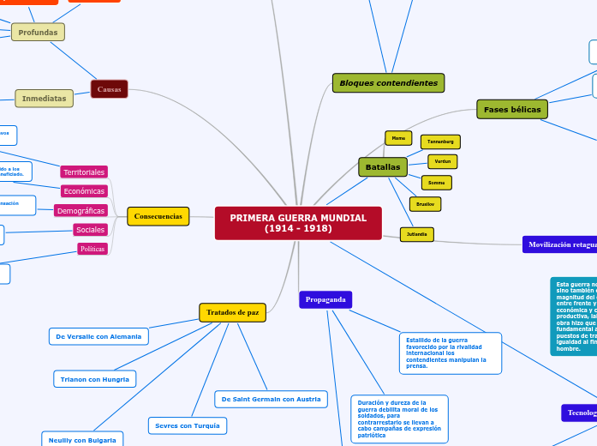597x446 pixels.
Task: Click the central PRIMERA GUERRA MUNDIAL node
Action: point(298,223)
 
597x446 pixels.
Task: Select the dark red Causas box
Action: point(109,89)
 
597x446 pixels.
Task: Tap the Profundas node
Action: point(38,33)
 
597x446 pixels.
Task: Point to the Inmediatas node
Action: point(44,99)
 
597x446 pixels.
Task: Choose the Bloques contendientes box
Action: point(388,83)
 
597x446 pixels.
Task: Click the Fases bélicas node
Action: point(512,110)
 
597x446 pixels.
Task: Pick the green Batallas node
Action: point(382,166)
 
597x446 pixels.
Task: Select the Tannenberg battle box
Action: point(440,142)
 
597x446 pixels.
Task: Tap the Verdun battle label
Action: point(442,161)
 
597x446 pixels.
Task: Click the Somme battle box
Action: point(436,183)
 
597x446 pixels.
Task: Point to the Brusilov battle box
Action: point(425,204)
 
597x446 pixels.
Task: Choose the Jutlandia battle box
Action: point(417,234)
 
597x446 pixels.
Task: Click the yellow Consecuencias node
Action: point(158,216)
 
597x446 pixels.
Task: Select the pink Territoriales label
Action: point(84,172)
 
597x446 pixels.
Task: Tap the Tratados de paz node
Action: point(232,313)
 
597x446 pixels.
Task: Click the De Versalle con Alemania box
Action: point(99,336)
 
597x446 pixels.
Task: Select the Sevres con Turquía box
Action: point(187,425)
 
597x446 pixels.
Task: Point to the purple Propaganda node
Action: point(325,299)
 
